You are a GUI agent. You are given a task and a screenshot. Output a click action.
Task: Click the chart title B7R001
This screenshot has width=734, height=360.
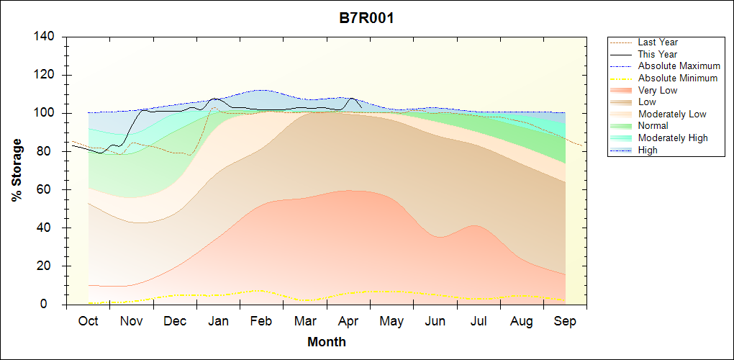point(366,18)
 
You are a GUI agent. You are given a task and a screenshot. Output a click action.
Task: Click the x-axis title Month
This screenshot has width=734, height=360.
point(326,342)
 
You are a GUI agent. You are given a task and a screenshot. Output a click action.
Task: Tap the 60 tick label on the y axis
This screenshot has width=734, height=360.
point(49,189)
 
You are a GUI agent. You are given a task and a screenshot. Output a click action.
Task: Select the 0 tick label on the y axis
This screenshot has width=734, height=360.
point(53,304)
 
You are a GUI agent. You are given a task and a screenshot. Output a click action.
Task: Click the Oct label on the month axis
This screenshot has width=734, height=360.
point(88,321)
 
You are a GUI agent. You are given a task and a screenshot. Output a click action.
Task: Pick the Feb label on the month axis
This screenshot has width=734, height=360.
point(261,321)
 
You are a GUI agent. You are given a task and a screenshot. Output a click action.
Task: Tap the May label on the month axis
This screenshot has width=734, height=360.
point(391,321)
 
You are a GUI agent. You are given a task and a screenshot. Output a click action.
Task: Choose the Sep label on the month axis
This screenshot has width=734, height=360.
point(565,321)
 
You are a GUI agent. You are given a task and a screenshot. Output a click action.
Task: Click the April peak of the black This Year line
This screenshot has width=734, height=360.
point(351,98)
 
